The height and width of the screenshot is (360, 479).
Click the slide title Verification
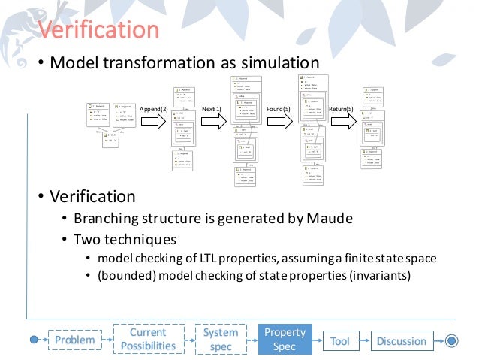pos(98,30)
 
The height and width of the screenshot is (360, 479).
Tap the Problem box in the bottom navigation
pos(75,340)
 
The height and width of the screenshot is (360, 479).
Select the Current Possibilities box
pos(148,339)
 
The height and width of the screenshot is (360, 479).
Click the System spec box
pos(221,339)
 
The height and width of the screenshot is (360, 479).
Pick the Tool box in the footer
pos(339,340)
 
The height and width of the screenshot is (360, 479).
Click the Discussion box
pos(402,340)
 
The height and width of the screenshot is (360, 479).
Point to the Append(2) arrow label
pos(153,110)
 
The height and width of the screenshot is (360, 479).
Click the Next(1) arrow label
pos(212,110)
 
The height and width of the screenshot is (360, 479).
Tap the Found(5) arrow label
pos(278,110)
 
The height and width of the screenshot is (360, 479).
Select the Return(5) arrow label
pos(341,110)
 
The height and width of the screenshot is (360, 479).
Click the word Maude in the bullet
pos(330,219)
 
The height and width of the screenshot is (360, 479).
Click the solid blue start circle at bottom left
pos(34,340)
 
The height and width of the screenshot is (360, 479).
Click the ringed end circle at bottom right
pos(450,340)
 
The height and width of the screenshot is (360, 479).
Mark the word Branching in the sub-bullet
pos(105,219)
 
